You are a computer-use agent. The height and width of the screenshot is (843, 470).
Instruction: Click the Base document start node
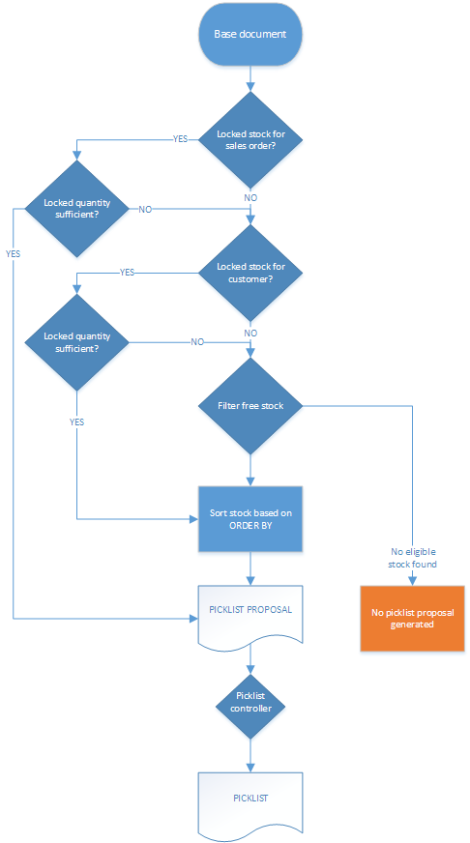tap(250, 35)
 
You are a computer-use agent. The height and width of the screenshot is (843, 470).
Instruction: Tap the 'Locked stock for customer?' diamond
tap(250, 273)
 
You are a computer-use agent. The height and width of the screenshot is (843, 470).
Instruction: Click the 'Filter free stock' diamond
tap(250, 406)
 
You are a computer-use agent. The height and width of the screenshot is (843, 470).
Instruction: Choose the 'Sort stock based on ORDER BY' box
tap(250, 519)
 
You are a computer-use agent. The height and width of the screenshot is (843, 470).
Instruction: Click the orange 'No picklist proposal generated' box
tap(413, 619)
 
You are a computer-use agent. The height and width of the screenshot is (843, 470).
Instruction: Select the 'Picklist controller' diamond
tap(250, 702)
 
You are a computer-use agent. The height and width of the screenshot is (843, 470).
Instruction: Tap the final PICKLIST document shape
tap(250, 801)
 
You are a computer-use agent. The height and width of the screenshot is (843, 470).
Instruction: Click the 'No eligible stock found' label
tap(413, 558)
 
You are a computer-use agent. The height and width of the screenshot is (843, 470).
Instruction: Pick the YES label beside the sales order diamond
tap(180, 139)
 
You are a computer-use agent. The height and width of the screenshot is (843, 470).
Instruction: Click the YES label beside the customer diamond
tap(127, 273)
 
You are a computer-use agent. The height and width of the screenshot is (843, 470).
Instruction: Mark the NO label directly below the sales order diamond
tap(250, 197)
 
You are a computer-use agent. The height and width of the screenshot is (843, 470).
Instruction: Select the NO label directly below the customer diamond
tap(250, 333)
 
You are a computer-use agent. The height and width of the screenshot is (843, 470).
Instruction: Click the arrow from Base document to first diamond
tap(250, 79)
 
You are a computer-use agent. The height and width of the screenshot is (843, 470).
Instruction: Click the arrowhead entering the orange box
tap(413, 580)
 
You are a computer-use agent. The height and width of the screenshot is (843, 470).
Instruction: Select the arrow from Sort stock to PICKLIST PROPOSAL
tap(250, 568)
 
